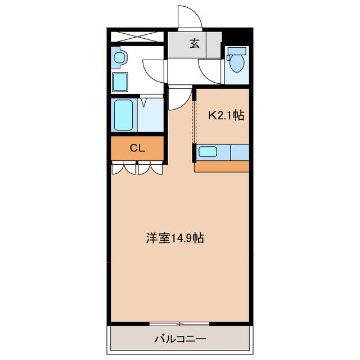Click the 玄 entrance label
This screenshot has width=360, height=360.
194,44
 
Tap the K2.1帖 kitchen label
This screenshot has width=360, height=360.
226,115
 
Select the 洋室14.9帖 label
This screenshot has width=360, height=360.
175,238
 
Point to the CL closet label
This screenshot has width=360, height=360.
137,148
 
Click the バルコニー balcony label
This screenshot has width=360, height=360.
180,339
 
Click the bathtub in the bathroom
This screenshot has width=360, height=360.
124,115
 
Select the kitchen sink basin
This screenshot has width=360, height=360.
208,152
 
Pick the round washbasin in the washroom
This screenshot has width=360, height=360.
119,57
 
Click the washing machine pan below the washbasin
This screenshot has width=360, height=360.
120,82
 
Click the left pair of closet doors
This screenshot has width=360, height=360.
124,168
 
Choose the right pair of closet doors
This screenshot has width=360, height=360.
150,168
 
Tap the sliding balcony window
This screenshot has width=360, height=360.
179,324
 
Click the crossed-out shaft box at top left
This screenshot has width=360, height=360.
137,37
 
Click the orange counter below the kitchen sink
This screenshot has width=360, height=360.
222,166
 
